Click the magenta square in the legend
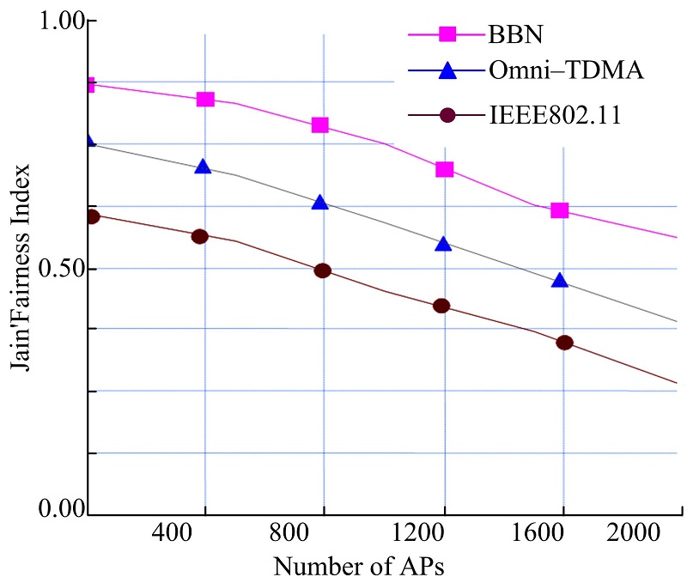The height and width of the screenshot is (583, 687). (x=447, y=34)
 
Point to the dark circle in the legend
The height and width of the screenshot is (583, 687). (x=447, y=115)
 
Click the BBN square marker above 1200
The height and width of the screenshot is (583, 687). (x=444, y=169)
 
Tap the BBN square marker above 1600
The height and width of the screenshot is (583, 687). (x=560, y=210)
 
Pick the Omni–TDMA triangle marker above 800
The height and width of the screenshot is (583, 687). (x=319, y=203)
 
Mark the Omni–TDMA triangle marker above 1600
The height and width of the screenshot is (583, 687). (x=560, y=281)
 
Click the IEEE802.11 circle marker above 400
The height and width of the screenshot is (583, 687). (x=200, y=236)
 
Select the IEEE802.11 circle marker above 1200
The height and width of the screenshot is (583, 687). (x=441, y=306)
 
